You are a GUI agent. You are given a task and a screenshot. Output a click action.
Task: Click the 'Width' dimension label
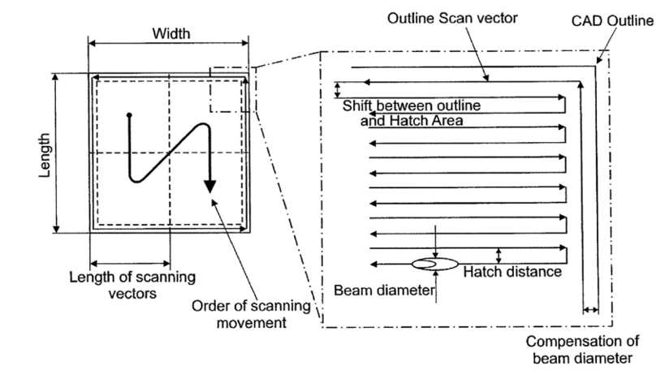(x=171, y=33)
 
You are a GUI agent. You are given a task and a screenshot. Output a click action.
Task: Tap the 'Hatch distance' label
(x=512, y=272)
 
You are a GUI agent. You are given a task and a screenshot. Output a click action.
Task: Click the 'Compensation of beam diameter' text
(x=579, y=349)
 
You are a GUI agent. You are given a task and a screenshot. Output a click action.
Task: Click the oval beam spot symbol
(x=436, y=264)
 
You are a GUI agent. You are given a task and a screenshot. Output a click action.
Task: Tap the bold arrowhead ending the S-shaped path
(x=210, y=186)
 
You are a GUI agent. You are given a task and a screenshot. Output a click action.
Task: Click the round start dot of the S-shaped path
(x=129, y=115)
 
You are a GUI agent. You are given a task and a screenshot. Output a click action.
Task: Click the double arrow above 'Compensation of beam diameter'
(x=591, y=309)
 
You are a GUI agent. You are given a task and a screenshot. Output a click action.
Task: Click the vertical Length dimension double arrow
(x=57, y=152)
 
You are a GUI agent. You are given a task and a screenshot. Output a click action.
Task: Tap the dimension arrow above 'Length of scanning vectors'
(x=130, y=263)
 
